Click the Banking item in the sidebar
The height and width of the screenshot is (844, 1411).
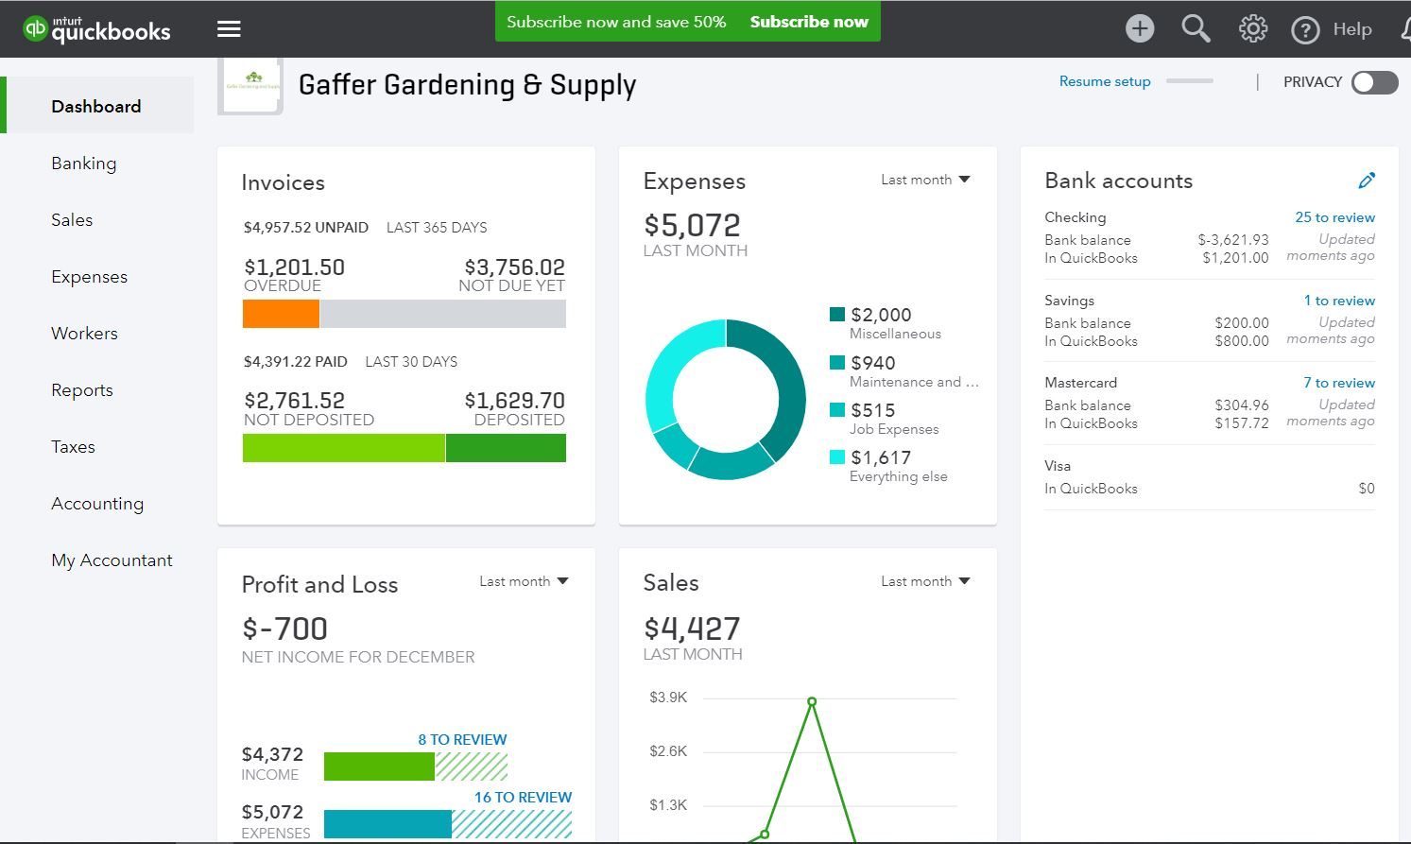(84, 164)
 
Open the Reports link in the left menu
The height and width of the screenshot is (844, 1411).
(82, 390)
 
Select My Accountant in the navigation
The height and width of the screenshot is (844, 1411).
(112, 560)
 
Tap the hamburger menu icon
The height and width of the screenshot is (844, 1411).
(229, 29)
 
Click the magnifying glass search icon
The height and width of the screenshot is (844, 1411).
(1196, 29)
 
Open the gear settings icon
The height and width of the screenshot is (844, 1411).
(1252, 29)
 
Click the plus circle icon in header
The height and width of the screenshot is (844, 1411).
(1140, 29)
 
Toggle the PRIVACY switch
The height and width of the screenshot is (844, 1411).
(1374, 82)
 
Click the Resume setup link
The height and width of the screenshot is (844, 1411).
(1105, 82)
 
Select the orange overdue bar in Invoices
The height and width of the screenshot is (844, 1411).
(281, 314)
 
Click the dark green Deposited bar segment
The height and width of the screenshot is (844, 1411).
(506, 448)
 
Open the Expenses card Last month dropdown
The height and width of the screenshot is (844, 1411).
(925, 180)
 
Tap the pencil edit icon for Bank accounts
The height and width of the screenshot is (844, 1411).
(1367, 180)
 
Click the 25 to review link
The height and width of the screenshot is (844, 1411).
(1334, 217)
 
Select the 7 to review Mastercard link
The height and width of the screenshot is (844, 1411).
(1338, 383)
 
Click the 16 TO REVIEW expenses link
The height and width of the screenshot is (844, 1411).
(523, 797)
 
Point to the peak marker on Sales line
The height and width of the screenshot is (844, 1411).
(812, 701)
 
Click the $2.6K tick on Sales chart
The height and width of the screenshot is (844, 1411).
(668, 751)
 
